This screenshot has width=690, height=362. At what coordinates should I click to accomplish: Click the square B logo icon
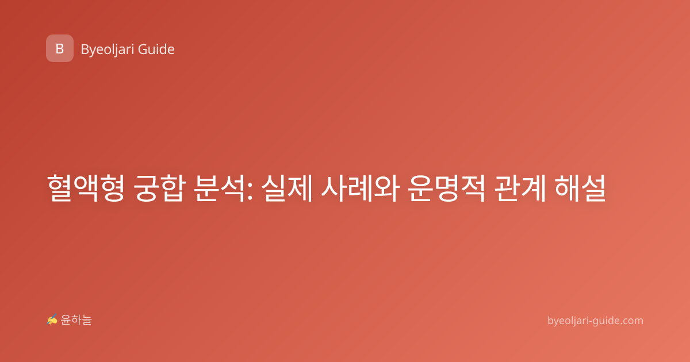(60, 48)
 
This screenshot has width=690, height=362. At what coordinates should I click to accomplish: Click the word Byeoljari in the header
(107, 50)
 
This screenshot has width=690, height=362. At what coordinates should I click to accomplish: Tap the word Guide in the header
(156, 49)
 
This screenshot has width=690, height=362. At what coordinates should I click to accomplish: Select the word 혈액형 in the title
(86, 188)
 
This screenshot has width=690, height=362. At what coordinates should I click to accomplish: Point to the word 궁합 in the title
(160, 188)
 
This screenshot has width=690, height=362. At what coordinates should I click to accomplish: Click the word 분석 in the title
(220, 188)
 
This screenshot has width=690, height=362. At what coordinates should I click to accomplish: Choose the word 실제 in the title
(287, 188)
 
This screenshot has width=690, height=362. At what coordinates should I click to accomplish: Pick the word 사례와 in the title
(361, 188)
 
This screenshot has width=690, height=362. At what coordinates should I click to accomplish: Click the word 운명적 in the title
(447, 188)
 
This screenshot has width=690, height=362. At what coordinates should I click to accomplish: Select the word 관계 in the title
(520, 188)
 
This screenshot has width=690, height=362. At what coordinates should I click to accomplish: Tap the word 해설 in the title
(580, 188)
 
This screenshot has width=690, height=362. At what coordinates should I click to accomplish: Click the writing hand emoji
(52, 319)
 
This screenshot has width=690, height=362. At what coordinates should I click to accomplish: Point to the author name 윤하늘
(76, 320)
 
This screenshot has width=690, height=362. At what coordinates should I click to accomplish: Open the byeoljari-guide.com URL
(595, 321)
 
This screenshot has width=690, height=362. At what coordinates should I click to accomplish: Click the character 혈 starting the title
(60, 188)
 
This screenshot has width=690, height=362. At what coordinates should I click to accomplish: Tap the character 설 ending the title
(593, 188)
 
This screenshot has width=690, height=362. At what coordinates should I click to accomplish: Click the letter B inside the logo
(60, 49)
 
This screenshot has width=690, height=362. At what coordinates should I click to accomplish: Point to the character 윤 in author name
(66, 320)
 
